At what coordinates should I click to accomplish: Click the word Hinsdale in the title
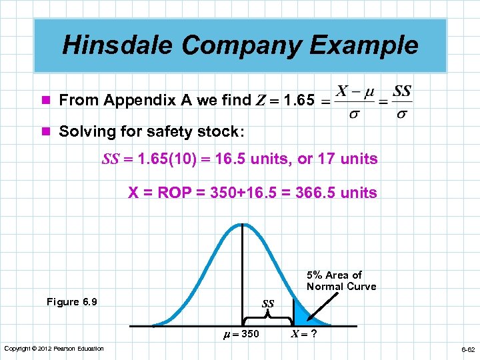pos(117,45)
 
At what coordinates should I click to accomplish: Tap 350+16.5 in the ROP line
pos(245,193)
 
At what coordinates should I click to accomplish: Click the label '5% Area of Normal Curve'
pos(341,281)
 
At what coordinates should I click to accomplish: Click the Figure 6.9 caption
pos(71,302)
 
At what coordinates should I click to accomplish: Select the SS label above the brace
pos(267,304)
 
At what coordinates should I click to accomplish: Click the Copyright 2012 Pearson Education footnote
pos(54,349)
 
